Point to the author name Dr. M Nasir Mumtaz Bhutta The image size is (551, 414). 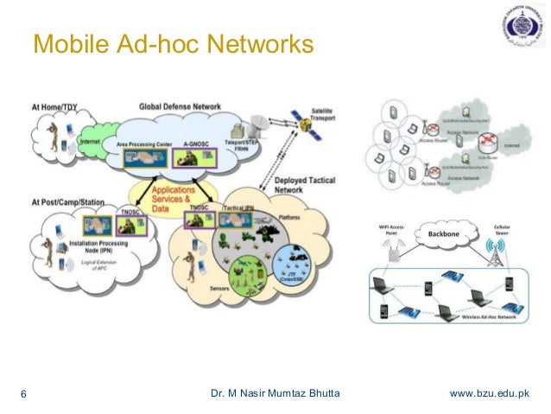click(275, 395)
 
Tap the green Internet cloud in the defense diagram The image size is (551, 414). click(89, 141)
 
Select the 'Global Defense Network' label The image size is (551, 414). click(179, 105)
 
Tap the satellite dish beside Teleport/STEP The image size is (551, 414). click(259, 127)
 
